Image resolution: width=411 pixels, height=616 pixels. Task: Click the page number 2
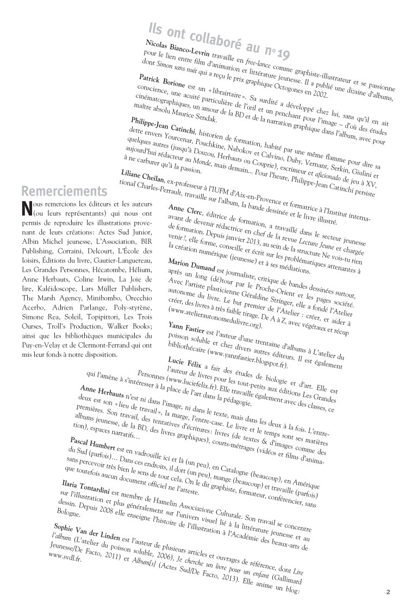[388, 592]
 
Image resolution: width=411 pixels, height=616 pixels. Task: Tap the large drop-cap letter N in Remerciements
[25, 208]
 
